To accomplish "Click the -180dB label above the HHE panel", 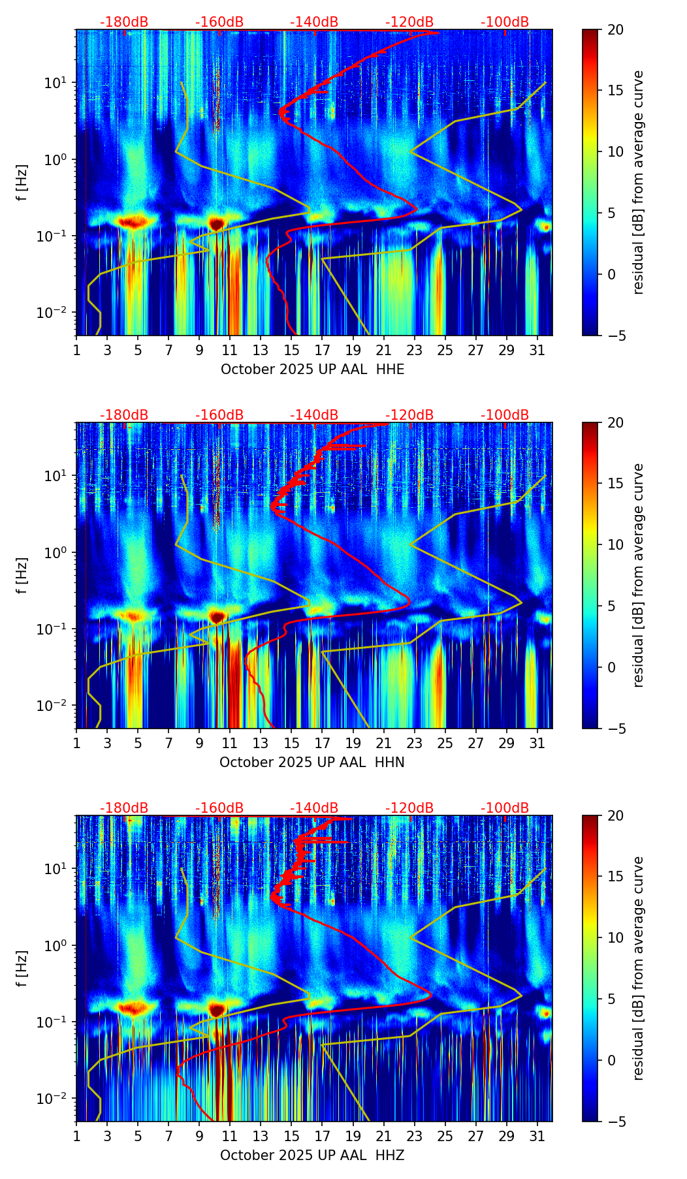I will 124,22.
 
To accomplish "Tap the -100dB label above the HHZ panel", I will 505,808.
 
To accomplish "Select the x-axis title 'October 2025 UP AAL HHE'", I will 312,369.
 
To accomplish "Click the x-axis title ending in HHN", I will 312,762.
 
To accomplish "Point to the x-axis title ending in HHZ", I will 312,1155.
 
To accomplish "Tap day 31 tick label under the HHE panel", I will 537,350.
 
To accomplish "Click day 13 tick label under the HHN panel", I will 261,743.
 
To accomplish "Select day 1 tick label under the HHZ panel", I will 76,1136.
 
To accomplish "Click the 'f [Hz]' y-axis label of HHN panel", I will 23,575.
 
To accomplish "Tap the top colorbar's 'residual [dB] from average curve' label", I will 639,182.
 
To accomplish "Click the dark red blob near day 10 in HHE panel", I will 216,224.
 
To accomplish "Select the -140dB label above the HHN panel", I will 314,415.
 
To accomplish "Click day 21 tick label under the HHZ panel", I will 383,1136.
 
